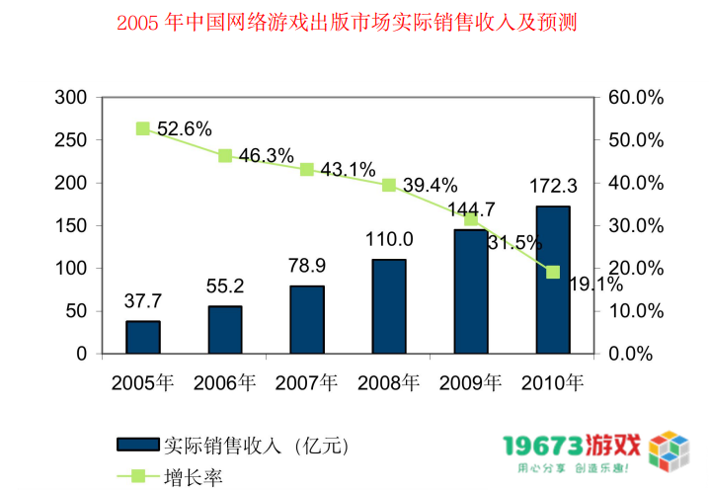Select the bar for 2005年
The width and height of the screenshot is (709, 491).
pos(143,337)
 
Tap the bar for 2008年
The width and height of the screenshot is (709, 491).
pos(389,306)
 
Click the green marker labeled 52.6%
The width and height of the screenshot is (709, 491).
pos(143,128)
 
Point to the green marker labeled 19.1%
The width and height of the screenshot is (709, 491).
pos(553,272)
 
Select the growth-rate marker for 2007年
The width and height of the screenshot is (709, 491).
pos(307,169)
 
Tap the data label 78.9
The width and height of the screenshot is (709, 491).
pos(307,265)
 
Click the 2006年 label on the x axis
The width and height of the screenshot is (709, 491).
pos(225,381)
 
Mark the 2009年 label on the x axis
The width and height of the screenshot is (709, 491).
pos(471,381)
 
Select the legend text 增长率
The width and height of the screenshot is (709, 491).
pos(194,477)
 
